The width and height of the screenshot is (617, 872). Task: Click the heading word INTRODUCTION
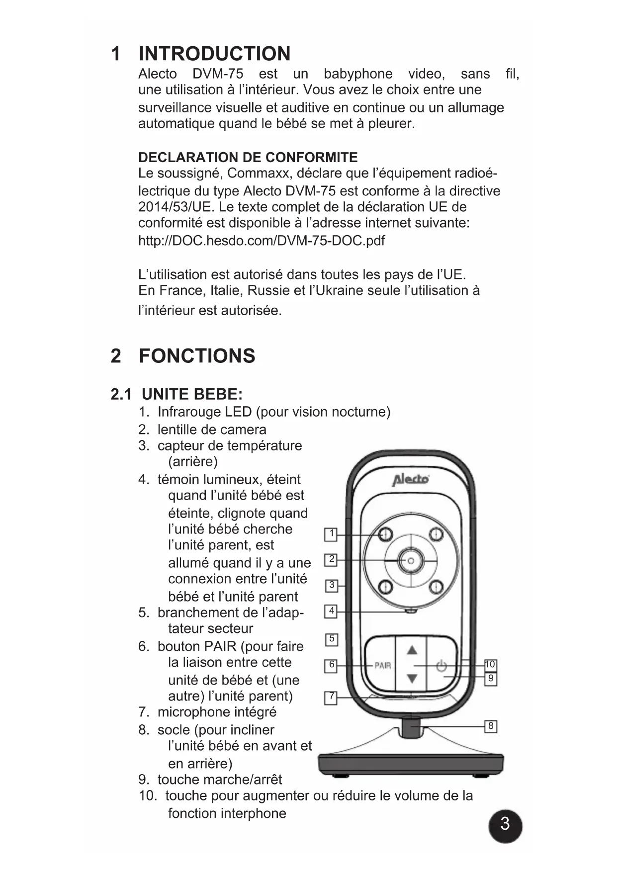(x=214, y=54)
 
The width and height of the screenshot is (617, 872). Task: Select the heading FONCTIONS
(x=197, y=356)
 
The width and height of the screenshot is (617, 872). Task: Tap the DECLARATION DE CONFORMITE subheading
(x=248, y=158)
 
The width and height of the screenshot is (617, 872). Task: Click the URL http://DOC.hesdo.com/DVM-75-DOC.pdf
(x=262, y=241)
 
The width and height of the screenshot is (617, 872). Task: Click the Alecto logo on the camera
(x=410, y=480)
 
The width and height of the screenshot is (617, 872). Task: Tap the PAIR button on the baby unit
(x=382, y=665)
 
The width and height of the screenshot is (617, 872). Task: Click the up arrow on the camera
(x=412, y=650)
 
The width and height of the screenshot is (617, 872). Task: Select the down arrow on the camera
(x=412, y=679)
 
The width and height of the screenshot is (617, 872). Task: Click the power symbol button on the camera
(x=441, y=665)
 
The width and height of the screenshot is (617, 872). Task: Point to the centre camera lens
(x=411, y=560)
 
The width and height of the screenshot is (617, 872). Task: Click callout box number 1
(x=331, y=534)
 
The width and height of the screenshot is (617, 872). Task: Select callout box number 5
(x=332, y=639)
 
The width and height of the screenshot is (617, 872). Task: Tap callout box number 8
(x=491, y=726)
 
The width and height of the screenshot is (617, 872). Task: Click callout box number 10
(x=490, y=665)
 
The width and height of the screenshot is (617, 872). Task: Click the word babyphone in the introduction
(x=358, y=74)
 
